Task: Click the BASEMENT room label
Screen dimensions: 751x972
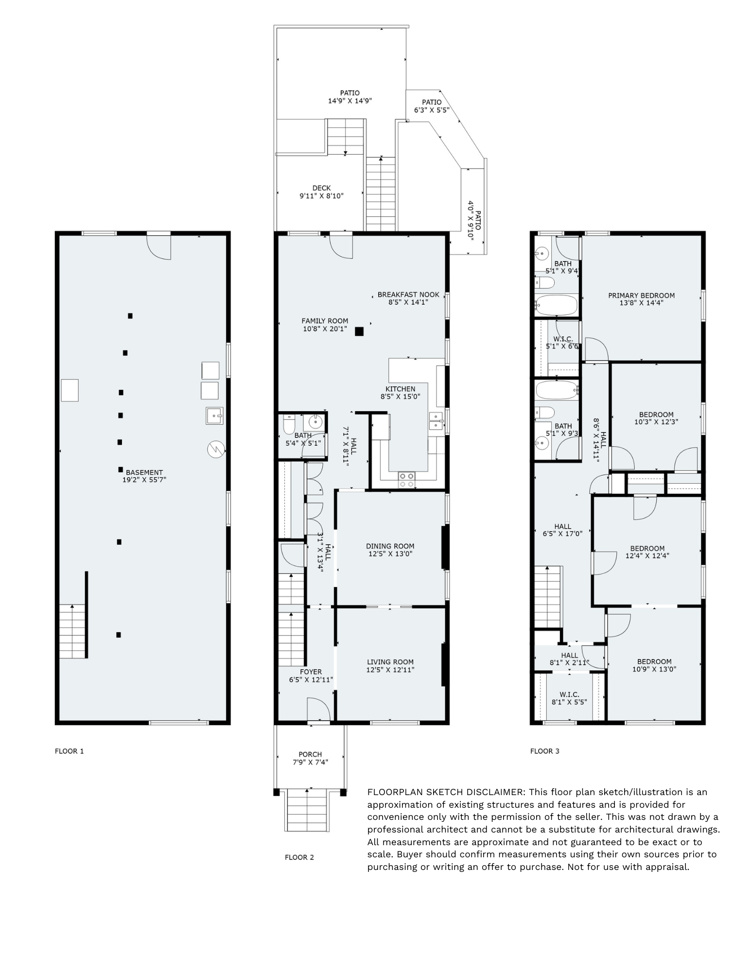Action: click(144, 472)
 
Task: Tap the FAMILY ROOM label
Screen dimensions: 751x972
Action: click(325, 321)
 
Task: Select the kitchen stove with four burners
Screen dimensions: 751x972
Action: click(406, 480)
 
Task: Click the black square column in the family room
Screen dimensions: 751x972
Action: click(359, 332)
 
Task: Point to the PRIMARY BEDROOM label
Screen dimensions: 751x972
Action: click(641, 295)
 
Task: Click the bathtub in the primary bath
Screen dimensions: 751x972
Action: click(557, 305)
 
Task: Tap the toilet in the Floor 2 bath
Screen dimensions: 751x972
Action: click(289, 424)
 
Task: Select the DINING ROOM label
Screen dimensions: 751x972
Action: click(390, 546)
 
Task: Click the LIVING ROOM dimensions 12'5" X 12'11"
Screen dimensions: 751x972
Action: click(390, 670)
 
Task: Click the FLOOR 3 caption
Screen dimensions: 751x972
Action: click(545, 751)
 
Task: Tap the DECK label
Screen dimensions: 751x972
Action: click(321, 188)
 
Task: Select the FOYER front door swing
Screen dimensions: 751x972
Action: click(319, 709)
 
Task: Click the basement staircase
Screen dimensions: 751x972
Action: click(72, 631)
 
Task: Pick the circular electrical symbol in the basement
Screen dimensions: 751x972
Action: click(215, 449)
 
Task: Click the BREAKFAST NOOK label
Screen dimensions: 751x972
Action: click(408, 295)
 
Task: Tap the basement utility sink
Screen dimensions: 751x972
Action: click(214, 416)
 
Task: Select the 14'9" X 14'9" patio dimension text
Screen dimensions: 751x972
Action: click(350, 101)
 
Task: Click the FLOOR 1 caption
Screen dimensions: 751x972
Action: click(70, 751)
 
